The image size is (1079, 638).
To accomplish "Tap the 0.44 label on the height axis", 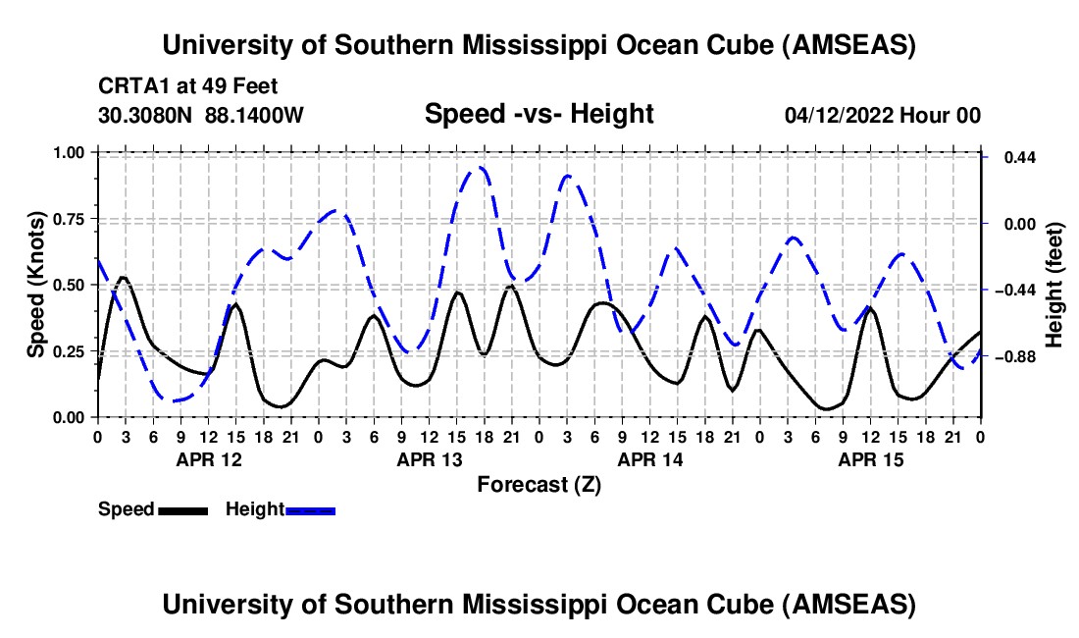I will coord(1010,157).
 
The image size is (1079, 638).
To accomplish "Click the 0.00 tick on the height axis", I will coord(1010,224).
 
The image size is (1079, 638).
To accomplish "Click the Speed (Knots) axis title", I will coord(35,285).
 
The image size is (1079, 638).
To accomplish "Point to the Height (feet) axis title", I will coord(1054,285).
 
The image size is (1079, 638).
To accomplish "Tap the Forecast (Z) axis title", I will coord(539,484).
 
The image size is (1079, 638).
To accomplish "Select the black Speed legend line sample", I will coord(182,509).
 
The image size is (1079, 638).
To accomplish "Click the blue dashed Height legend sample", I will coord(310,509).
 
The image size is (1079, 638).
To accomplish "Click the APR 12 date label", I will coord(208,459).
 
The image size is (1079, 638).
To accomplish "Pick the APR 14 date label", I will coord(649,459).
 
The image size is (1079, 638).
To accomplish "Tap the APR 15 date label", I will coord(870,459).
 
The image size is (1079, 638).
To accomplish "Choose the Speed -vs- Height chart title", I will coord(539,114).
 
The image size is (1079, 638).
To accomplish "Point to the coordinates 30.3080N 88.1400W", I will coord(201,115).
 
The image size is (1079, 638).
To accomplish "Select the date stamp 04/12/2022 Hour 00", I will coord(883,115).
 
